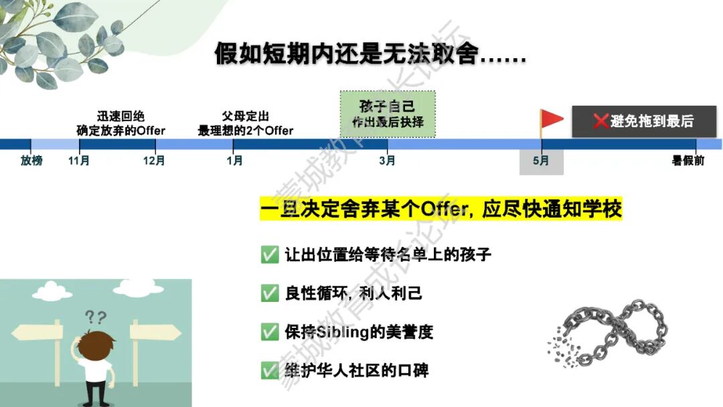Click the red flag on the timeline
pos(551,119)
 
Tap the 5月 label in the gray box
pos(541,161)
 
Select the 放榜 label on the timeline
pos(31,161)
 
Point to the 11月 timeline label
pos(79,161)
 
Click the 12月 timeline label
pos(154,161)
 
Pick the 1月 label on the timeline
pos(234,161)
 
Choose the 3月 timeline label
pos(388,161)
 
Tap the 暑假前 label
pos(688,161)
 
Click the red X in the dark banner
pos(600,120)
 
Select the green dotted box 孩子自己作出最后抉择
pos(388,114)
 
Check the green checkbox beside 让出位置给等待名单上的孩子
pos(270,254)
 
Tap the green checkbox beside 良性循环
pos(270,293)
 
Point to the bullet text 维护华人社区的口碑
pos(357,370)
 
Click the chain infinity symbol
pos(609,332)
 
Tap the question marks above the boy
pos(96,317)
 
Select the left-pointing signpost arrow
pos(37,332)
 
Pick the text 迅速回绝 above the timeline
pos(120,116)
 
